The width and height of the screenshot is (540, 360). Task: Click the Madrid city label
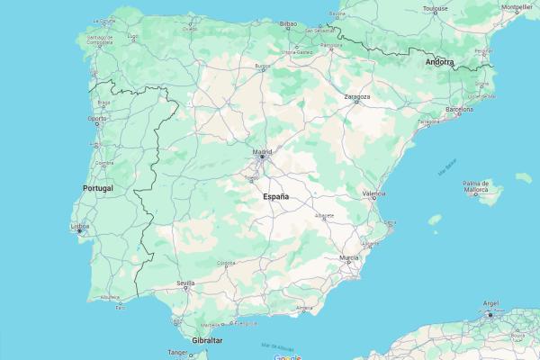262,151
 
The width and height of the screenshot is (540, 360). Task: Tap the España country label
276,196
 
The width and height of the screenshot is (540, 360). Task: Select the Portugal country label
97,188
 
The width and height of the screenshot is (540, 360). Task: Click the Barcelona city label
459,110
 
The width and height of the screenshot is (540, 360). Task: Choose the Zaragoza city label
356,96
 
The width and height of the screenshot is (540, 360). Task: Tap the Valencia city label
373,193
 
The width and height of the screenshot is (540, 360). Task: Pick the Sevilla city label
186,283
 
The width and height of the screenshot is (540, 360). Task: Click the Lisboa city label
81,227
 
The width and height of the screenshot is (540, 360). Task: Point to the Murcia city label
349,257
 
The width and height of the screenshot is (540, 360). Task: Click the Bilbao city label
289,24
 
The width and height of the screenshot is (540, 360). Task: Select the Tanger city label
179,353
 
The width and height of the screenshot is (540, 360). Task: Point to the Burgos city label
262,66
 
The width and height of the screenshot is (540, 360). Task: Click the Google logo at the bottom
287,356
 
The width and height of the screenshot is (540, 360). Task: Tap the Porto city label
96,118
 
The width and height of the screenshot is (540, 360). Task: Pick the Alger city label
490,304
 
